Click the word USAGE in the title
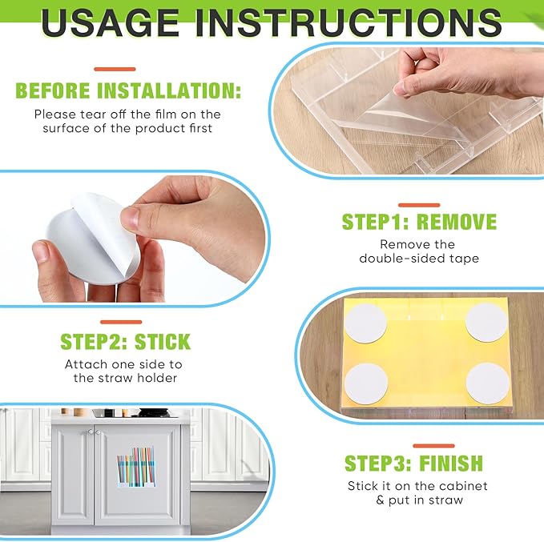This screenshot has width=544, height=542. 110,22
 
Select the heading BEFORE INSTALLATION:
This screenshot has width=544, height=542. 128,90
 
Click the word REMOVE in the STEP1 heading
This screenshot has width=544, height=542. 457,222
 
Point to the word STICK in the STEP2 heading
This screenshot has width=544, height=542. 163,342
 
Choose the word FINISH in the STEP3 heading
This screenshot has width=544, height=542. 451,463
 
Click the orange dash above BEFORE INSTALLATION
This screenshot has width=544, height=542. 115,70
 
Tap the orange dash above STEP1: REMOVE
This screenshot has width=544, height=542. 419,205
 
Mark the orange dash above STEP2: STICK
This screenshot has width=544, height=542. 121,322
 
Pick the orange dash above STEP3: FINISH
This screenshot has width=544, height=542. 433,446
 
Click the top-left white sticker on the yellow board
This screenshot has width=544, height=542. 365,323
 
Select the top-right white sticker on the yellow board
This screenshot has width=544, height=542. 486,323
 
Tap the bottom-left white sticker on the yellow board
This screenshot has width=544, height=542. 366,384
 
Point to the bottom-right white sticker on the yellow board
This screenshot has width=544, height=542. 487,383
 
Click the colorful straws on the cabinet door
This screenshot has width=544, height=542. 136,467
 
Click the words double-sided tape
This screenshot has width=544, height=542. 419,259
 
